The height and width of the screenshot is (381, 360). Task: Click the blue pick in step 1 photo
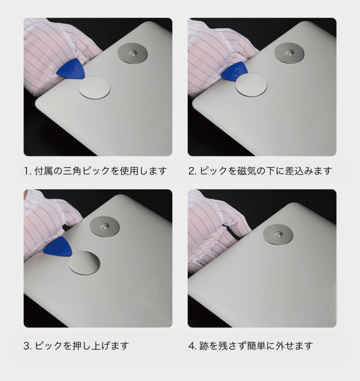(x=71, y=70)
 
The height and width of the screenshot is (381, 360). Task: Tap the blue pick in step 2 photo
(x=235, y=71)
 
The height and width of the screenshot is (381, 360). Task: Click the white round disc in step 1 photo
(x=94, y=87)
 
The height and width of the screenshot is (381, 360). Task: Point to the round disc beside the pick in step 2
(x=251, y=85)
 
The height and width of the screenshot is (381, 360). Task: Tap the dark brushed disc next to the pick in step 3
(x=84, y=263)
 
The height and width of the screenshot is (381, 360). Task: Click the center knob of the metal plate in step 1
(x=132, y=53)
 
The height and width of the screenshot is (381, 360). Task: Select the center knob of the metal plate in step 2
(x=289, y=52)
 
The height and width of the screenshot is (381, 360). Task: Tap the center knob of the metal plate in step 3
(x=105, y=226)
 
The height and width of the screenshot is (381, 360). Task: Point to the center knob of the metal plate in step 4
(x=278, y=234)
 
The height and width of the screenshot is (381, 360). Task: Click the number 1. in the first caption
(x=28, y=171)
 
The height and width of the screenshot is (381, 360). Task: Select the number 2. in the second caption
(x=192, y=171)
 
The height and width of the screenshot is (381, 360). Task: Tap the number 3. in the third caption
(x=28, y=346)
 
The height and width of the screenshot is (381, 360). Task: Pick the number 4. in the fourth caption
(x=192, y=346)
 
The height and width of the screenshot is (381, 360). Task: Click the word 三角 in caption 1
(x=73, y=171)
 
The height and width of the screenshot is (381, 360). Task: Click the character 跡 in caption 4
(x=204, y=346)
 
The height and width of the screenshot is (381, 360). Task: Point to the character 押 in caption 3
(x=77, y=346)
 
